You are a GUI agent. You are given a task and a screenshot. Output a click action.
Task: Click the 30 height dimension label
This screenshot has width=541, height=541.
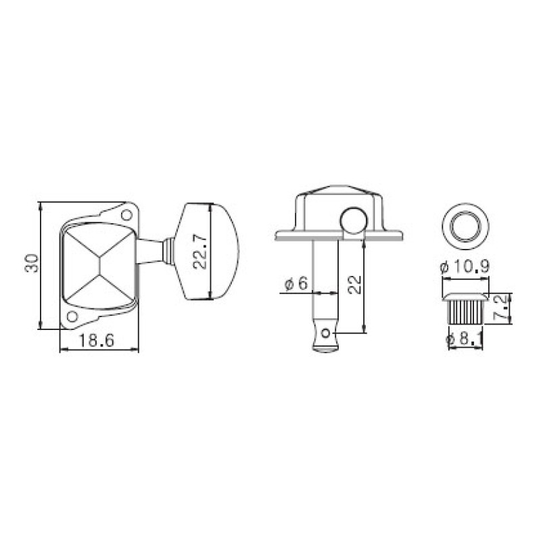[32, 263]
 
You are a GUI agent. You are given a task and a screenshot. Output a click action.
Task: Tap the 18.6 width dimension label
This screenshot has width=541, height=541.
[97, 341]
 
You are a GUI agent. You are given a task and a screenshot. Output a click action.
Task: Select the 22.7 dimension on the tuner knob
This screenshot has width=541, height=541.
[199, 251]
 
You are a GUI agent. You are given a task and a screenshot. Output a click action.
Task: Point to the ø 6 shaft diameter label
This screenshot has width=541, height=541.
[296, 283]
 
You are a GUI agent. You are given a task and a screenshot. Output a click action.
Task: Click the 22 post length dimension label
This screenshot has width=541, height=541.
[354, 285]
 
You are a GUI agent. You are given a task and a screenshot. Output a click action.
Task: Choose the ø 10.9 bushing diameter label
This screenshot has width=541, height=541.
[465, 266]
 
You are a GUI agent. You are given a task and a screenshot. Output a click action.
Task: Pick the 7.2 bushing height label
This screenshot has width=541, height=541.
[500, 308]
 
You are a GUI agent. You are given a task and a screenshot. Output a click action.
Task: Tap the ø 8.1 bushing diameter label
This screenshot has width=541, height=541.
[465, 339]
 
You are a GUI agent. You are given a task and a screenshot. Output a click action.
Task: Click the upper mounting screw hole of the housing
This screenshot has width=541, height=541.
[126, 215]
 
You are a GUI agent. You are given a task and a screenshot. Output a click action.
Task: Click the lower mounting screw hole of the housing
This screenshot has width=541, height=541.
[72, 316]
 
